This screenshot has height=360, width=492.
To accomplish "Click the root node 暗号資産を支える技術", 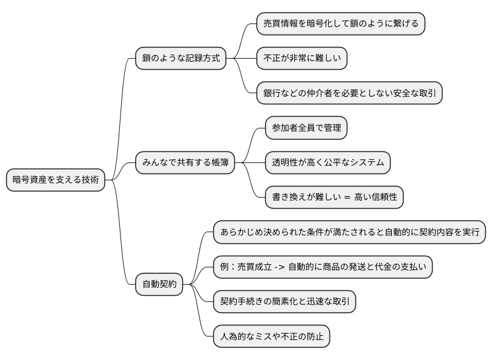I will [55, 180].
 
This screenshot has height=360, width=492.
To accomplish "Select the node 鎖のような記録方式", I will [180, 59].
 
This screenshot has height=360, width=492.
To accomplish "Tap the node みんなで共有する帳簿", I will [185, 163].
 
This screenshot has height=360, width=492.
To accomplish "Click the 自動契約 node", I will [159, 285].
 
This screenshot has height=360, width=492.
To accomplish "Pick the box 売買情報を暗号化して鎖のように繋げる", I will [341, 24].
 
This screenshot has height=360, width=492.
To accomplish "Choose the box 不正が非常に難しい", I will [302, 59].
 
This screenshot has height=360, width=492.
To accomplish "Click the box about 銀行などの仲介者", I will [349, 94].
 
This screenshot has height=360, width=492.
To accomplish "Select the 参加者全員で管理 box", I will [306, 128].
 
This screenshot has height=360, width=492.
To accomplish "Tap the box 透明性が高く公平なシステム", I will [328, 163].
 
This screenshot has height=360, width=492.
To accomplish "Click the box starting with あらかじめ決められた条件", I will [349, 233].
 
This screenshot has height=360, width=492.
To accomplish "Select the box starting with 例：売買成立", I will [323, 267].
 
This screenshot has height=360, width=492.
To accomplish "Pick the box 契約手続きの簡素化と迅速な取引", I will [284, 302].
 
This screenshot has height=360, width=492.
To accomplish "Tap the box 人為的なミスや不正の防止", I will [271, 337].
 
